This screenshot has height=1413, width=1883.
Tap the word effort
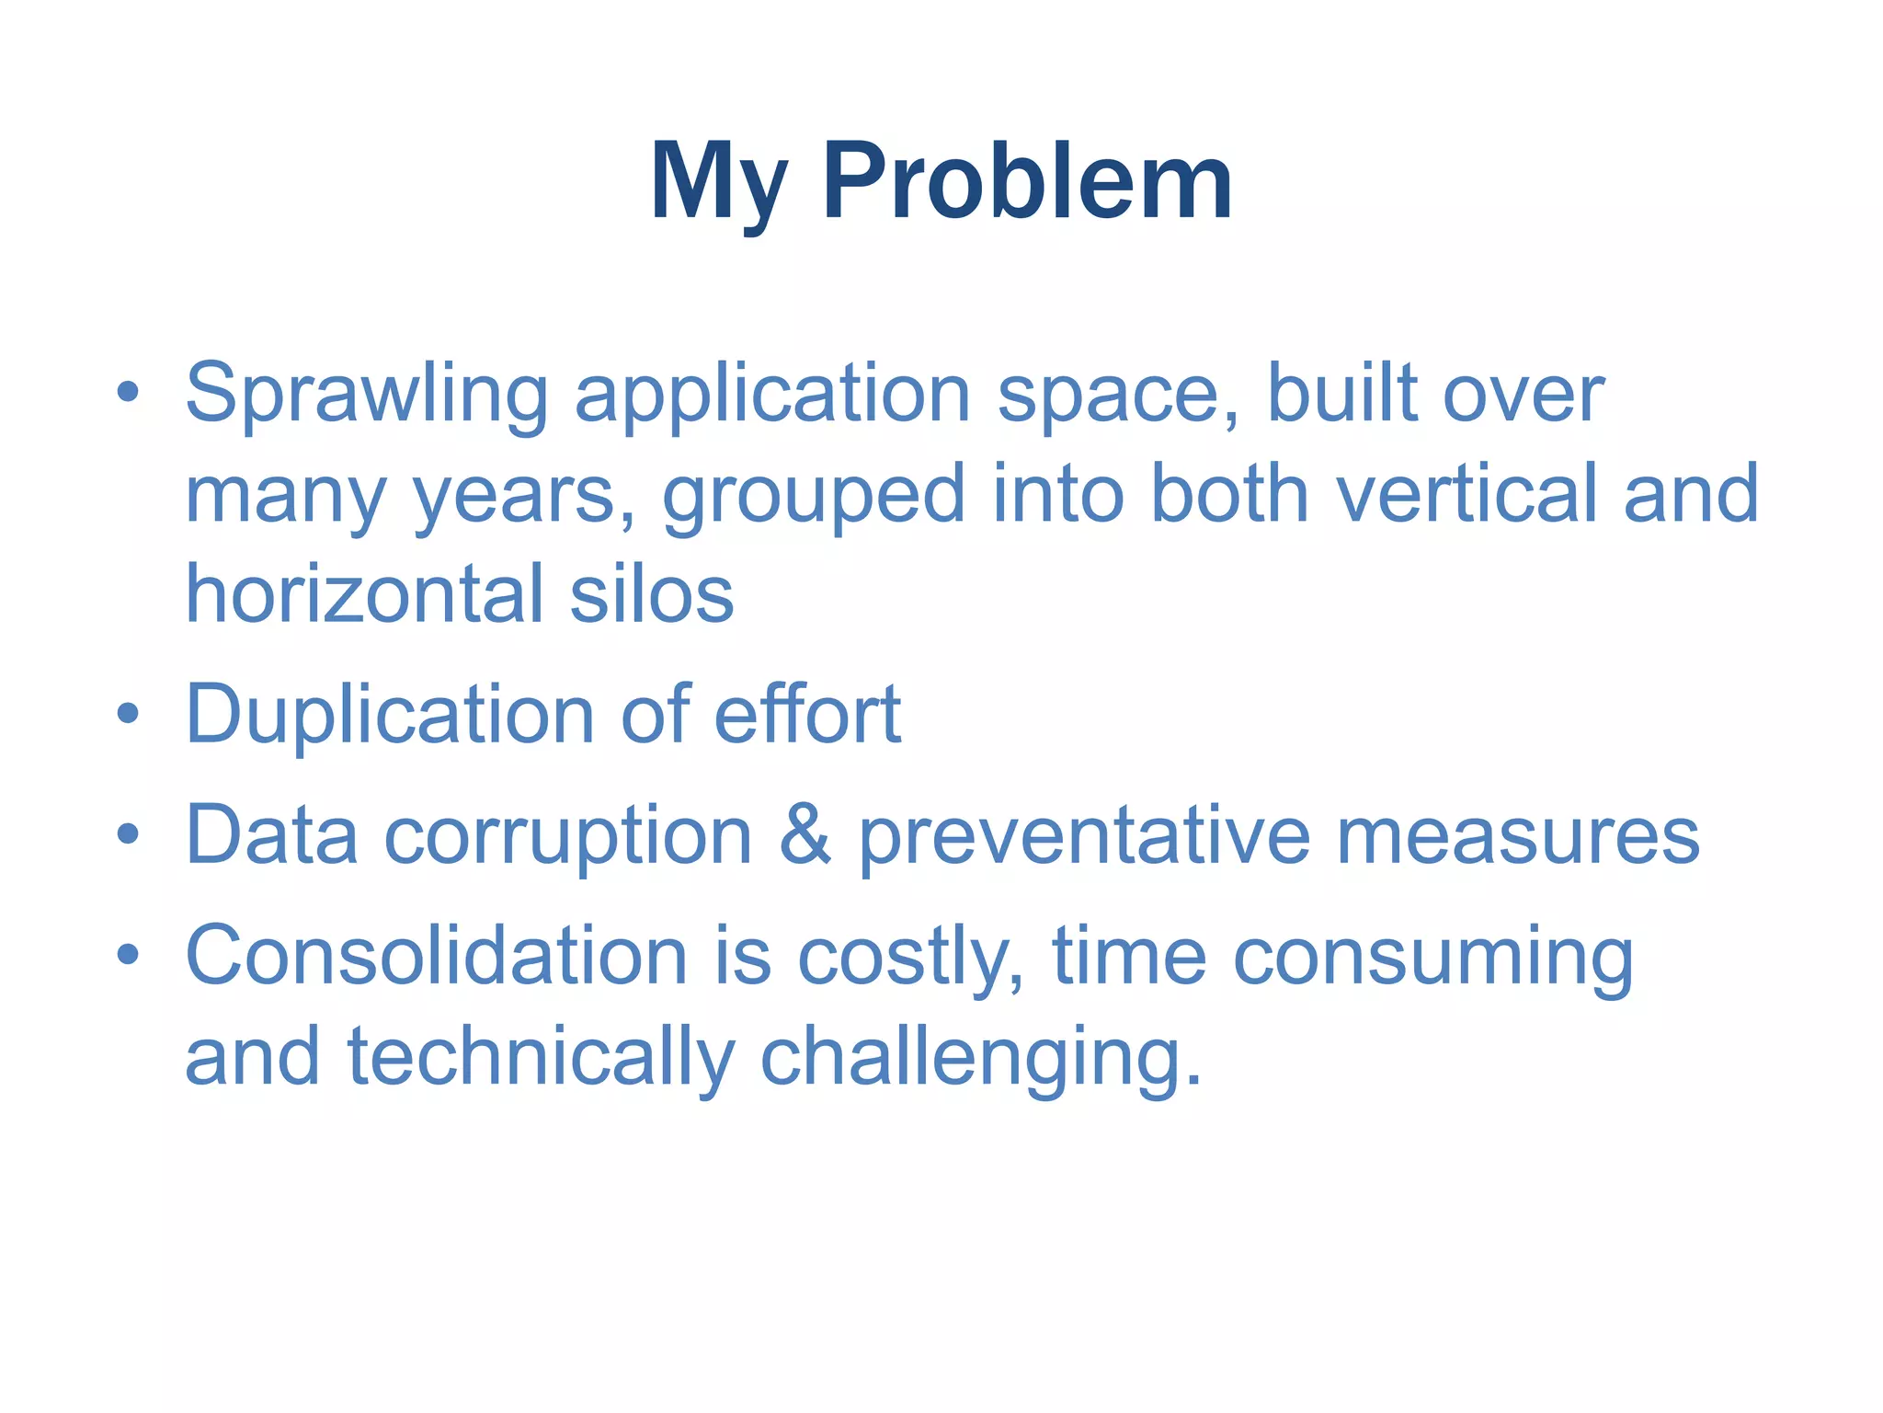[806, 715]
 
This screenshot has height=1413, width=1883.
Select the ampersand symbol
[805, 835]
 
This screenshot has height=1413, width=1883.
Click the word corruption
[567, 835]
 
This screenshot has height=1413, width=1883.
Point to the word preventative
[1084, 835]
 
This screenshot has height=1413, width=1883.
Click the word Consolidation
[437, 956]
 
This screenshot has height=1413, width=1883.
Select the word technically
[541, 1058]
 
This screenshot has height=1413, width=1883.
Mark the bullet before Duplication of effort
[128, 713]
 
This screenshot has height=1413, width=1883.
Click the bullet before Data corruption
[128, 833]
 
